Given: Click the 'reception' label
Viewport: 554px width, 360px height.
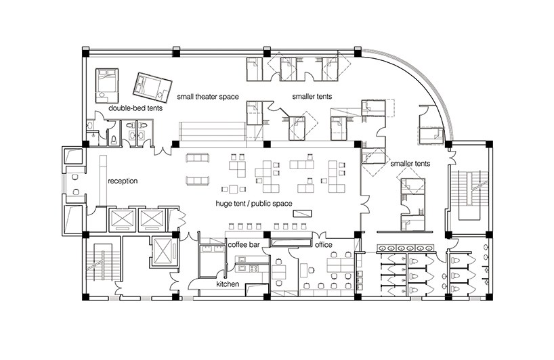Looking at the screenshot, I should pyautogui.click(x=123, y=181).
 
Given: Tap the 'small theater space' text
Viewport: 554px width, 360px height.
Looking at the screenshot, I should pyautogui.click(x=208, y=97).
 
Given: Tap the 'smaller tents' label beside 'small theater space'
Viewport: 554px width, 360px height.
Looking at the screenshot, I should pyautogui.click(x=312, y=97).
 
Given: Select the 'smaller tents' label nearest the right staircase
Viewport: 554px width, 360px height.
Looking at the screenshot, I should pyautogui.click(x=410, y=163).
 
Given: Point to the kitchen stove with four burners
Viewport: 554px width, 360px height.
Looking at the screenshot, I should pyautogui.click(x=257, y=269).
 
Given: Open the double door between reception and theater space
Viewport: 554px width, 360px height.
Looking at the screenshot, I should pyautogui.click(x=163, y=148).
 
